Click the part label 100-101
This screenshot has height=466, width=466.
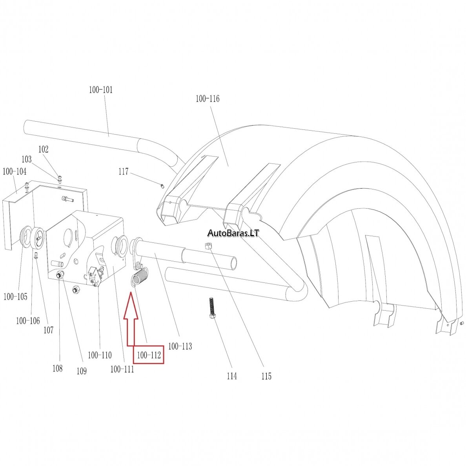tap(101, 89)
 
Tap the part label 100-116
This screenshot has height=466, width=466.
tap(208, 98)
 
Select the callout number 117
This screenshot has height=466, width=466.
tap(124, 171)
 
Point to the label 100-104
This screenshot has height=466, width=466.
tap(14, 171)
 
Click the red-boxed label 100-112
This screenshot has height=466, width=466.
tap(149, 355)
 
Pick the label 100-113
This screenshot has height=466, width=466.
tap(180, 346)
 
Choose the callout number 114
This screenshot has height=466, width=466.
tap(232, 376)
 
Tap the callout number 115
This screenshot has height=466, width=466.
tap(267, 376)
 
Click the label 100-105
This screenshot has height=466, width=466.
tap(15, 296)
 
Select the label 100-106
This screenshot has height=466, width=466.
tap(27, 321)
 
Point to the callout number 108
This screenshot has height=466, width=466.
tap(57, 368)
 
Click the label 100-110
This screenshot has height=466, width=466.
tap(100, 355)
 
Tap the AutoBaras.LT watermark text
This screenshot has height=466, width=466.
tap(233, 233)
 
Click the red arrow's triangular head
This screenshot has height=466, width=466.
tap(131, 306)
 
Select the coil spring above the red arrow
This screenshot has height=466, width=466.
tap(139, 276)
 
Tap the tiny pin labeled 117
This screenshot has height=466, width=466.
tap(162, 186)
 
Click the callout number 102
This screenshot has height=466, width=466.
tap(44, 149)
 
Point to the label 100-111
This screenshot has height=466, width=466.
tap(122, 369)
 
